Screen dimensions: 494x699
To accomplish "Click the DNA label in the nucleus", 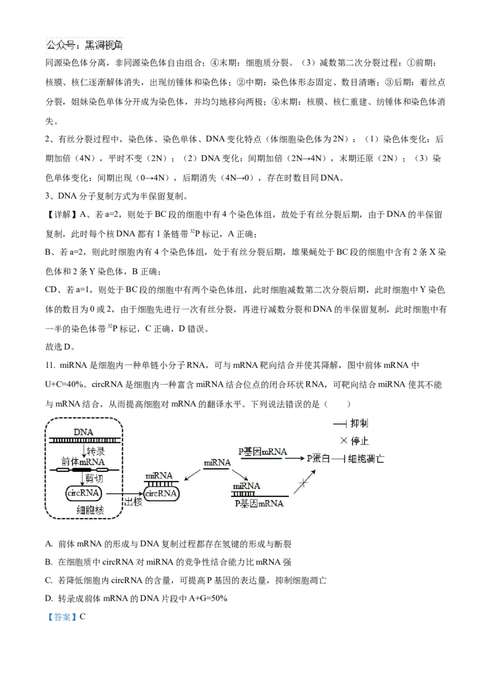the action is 83,431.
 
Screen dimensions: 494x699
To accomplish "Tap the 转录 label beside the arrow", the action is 96,451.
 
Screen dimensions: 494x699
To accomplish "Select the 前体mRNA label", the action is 82,462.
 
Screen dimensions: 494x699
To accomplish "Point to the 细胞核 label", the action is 90,510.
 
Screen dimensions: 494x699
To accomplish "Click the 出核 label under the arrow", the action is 133,502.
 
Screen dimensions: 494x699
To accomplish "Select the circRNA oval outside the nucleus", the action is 161,493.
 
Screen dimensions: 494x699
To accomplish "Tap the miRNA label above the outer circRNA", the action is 159,476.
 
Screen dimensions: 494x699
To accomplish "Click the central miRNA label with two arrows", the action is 217,463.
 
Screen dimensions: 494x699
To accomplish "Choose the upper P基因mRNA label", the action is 263,451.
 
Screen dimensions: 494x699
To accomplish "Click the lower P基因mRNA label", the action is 259,504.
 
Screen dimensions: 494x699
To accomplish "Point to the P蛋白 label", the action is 319,459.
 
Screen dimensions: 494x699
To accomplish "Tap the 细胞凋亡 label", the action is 366,459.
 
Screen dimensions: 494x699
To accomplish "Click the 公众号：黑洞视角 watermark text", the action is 84,45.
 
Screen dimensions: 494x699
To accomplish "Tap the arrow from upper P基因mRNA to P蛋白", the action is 295,459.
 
